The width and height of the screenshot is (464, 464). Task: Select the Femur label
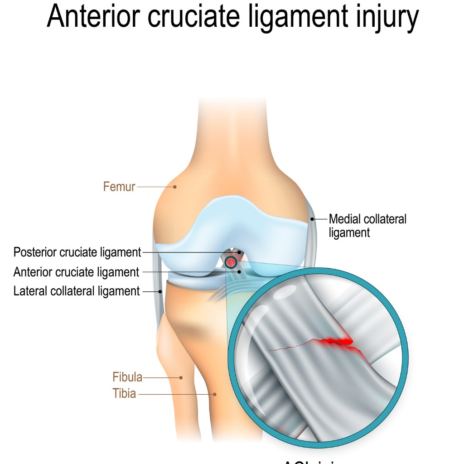[x=119, y=186]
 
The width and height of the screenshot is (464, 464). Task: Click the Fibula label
[x=127, y=377]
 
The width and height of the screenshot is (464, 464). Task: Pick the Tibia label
[x=124, y=394]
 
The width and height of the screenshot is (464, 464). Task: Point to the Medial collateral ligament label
[x=367, y=226]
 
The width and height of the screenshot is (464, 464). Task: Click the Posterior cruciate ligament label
[x=77, y=252]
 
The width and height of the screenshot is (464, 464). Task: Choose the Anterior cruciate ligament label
[x=76, y=272]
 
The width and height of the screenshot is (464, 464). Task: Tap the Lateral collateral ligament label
[x=77, y=291]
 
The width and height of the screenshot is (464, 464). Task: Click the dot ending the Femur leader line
[x=174, y=186]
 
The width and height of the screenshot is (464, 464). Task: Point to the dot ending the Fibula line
[x=181, y=377]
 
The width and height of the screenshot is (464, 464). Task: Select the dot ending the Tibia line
[x=215, y=394]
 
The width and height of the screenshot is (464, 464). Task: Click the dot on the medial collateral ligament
[x=312, y=219]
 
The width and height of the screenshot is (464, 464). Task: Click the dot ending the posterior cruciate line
[x=239, y=252]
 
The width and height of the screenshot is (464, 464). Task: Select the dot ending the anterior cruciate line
[x=239, y=272]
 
